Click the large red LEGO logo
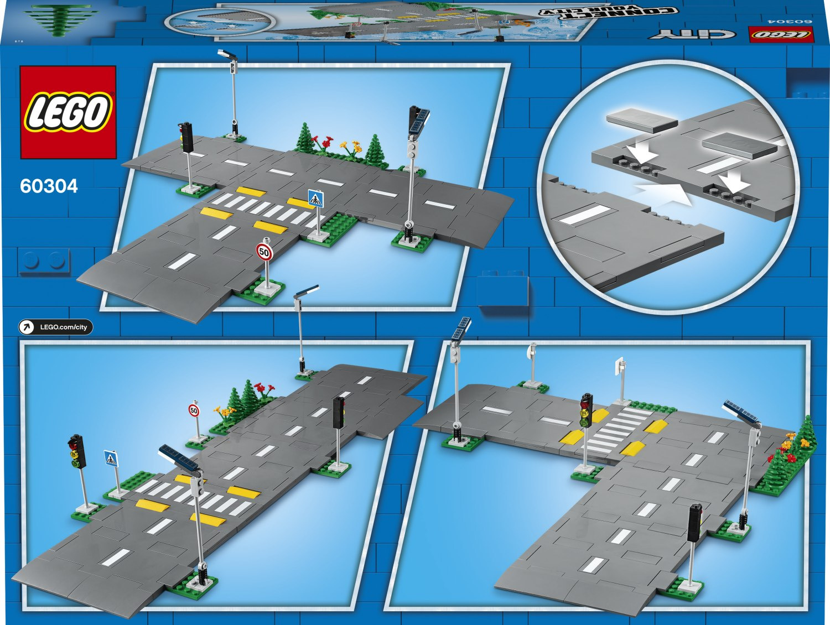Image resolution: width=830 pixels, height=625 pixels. (68, 112)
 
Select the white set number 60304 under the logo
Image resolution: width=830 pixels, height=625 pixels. (49, 186)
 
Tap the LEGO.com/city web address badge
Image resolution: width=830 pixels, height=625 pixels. (56, 327)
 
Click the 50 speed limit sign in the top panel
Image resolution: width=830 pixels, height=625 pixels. (264, 253)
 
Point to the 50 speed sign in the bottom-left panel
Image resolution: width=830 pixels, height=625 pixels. (194, 410)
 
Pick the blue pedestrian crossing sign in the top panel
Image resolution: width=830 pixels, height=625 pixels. (315, 199)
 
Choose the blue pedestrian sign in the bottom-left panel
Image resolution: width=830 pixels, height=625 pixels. (111, 458)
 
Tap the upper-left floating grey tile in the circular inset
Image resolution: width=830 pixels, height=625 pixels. (642, 121)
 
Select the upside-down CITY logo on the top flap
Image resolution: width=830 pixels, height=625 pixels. (692, 34)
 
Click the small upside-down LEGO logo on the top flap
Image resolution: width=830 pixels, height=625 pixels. (781, 34)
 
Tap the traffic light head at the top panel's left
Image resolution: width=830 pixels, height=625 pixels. (187, 136)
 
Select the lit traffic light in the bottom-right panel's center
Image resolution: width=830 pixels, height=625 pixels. (586, 410)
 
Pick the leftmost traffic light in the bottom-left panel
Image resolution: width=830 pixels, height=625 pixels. (77, 451)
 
